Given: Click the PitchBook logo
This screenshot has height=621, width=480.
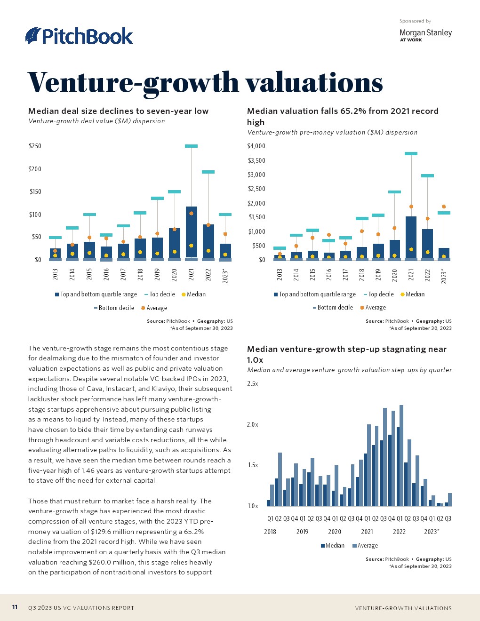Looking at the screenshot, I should [x=79, y=36].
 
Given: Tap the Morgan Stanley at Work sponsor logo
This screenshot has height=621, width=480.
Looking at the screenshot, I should [x=425, y=35].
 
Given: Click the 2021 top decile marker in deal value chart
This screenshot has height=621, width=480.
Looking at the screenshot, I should [x=191, y=146].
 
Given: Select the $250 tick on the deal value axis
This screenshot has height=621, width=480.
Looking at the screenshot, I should [x=35, y=146].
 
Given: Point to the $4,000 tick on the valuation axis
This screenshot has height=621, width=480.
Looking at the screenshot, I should [x=256, y=146].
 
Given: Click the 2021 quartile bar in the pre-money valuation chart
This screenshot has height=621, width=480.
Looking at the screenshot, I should [x=411, y=237].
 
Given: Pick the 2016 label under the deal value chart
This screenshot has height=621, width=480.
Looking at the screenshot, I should [x=106, y=274].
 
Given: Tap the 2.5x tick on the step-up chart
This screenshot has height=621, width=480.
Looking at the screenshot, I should [x=253, y=384].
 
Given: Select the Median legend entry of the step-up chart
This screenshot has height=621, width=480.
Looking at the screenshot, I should [x=333, y=546].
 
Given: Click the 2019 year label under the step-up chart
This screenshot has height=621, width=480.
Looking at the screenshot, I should [x=302, y=532].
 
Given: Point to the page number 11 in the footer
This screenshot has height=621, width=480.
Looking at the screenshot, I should [x=15, y=607].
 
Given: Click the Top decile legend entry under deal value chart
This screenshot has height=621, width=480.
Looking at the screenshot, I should [x=160, y=295].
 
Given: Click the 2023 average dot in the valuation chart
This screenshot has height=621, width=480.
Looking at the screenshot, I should [x=444, y=207].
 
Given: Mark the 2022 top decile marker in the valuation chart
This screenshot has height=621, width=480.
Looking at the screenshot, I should [x=427, y=176].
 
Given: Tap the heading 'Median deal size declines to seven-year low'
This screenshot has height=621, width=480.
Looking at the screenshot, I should [x=118, y=111].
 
